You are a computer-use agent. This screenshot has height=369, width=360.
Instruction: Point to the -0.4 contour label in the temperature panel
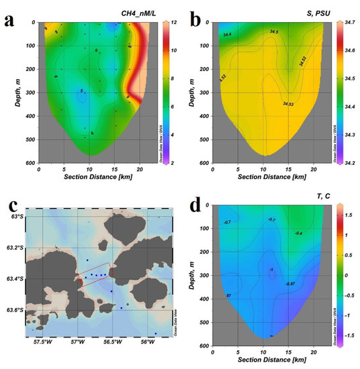(x=297, y=233)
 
